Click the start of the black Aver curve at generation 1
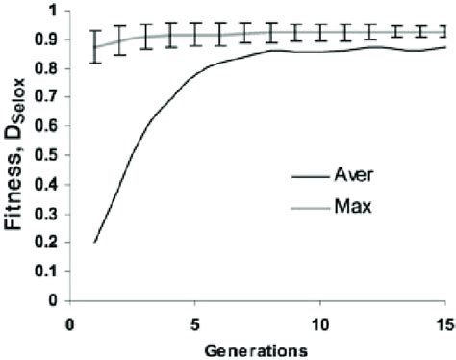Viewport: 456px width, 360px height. [x=94, y=242]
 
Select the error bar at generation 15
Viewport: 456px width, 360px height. [x=443, y=31]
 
